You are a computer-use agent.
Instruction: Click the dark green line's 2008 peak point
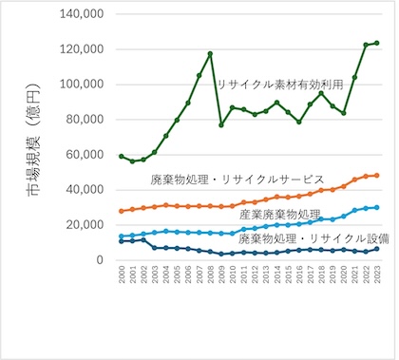coord(210,54)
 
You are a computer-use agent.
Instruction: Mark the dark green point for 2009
coord(221,124)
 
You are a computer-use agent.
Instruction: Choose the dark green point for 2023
coord(377,43)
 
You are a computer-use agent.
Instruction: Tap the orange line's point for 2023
coord(377,176)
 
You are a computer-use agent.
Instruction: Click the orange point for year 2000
coord(122,211)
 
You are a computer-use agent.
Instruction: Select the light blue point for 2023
coord(377,207)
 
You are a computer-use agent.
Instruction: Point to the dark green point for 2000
coord(122,156)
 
